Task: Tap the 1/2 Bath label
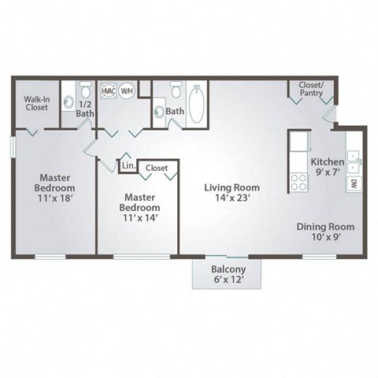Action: (84, 109)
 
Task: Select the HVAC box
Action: (109, 90)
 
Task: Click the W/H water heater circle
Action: (128, 90)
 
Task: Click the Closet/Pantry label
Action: (313, 88)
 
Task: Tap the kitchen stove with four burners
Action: (300, 183)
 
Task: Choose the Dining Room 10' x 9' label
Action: (325, 232)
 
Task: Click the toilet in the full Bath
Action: (176, 90)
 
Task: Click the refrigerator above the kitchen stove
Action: (300, 143)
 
